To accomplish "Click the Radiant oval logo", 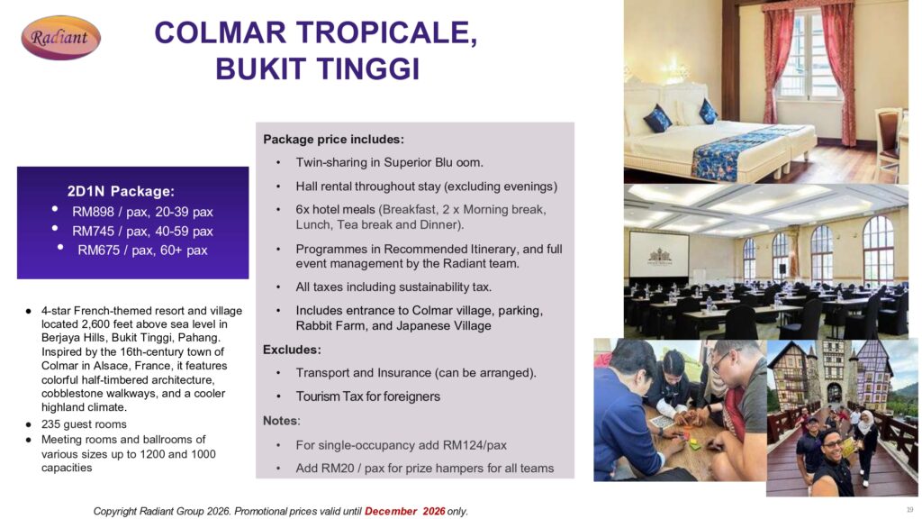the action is pos(60,38).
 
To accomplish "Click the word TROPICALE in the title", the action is pos(386,32).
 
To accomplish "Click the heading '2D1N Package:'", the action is pos(121,191).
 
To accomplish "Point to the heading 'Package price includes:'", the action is pos(333,140).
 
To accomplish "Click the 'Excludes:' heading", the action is pos(292,350).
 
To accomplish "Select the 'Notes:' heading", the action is pos(281,421).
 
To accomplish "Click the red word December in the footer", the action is pos(391,512).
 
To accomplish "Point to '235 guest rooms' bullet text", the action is pos(84,424).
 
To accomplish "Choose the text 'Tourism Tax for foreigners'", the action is pos(367,396).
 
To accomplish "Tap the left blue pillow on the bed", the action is pos(657,118).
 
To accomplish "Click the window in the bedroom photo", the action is pos(810,56).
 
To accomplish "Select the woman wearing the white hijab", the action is pos(866,445).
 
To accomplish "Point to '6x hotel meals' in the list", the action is pos(335,209).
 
